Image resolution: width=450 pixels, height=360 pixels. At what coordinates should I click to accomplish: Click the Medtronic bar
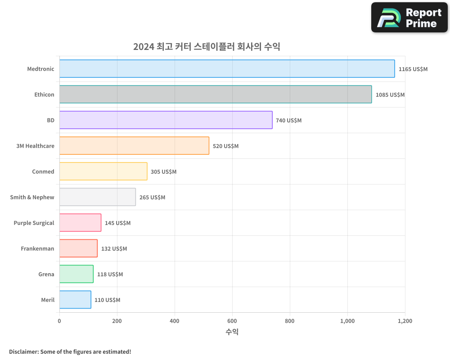click(x=227, y=69)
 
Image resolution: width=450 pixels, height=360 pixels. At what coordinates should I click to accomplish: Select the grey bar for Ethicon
click(x=216, y=94)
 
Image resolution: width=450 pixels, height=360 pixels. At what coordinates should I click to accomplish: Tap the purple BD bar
click(x=166, y=120)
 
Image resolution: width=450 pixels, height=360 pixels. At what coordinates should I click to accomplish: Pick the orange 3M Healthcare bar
click(x=134, y=146)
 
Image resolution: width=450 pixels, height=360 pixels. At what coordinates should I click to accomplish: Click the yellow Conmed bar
click(x=103, y=171)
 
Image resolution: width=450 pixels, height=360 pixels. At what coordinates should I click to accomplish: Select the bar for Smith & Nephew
click(x=97, y=197)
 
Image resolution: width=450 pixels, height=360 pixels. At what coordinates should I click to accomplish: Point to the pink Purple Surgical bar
click(x=80, y=223)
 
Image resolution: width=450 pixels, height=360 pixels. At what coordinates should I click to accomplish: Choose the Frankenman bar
click(x=78, y=248)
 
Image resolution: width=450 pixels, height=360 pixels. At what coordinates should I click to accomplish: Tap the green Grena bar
click(x=76, y=274)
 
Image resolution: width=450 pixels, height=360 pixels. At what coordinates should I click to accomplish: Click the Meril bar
click(x=75, y=300)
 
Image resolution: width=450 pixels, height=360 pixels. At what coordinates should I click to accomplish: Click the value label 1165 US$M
click(x=413, y=69)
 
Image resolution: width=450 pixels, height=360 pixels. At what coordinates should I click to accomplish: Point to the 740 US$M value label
click(x=288, y=121)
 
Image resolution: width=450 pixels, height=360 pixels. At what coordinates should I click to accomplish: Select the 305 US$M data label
click(x=163, y=172)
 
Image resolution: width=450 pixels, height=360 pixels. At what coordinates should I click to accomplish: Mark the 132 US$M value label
click(x=114, y=249)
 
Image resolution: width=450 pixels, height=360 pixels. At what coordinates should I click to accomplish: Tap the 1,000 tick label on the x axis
click(x=347, y=321)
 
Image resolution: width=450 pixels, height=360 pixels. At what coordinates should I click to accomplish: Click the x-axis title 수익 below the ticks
click(x=232, y=332)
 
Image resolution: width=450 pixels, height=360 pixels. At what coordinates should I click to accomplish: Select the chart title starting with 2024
click(x=207, y=47)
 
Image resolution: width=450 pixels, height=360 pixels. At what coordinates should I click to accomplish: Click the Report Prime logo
click(x=409, y=18)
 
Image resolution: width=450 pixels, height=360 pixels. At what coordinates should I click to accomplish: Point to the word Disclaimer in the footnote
click(x=23, y=351)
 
